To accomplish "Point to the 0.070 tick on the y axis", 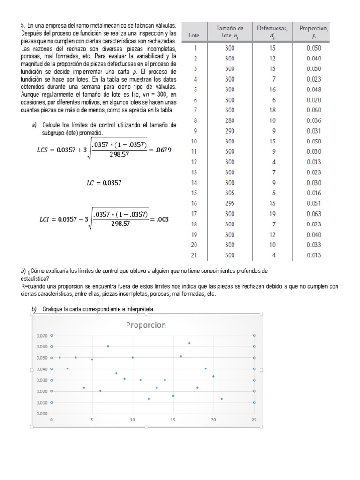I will point(42,336).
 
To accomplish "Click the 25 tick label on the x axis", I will point(254,420).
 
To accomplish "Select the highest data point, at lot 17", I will point(189,343).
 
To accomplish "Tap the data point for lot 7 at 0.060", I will point(108,346).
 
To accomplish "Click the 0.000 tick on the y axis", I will point(42,413).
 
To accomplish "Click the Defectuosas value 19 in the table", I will point(273,214).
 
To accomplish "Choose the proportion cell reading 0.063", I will point(314,214).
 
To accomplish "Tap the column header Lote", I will point(194,35).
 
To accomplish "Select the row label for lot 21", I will point(195,255).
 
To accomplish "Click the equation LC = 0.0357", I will point(104,183).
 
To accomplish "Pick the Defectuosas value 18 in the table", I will point(273,110).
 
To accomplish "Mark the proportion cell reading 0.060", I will point(314,110).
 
